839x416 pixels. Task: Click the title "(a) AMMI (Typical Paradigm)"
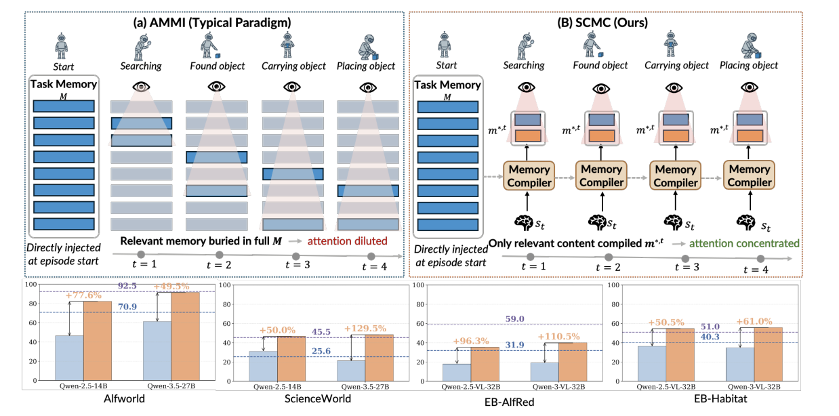point(212,23)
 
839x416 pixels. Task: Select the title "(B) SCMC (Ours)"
point(602,23)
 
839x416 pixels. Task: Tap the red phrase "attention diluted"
point(347,241)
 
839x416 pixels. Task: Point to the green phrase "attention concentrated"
point(744,244)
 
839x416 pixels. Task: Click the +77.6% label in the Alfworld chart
point(83,295)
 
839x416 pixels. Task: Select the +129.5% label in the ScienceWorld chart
point(365,329)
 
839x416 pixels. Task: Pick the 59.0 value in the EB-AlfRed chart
point(514,319)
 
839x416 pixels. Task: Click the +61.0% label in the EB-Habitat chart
point(754,321)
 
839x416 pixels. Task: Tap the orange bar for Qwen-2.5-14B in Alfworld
point(98,341)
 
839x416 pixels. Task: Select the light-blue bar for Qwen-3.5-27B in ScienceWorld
point(351,371)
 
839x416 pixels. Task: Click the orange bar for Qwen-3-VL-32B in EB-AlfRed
point(573,362)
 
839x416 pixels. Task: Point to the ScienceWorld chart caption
point(318,398)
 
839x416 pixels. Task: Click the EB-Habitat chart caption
point(720,398)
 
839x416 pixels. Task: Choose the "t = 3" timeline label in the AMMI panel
point(298,265)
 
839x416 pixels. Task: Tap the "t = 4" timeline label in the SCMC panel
point(756,270)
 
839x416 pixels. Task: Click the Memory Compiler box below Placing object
point(749,175)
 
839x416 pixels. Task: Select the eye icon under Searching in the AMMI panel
point(141,87)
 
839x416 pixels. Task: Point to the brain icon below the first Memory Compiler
point(524,222)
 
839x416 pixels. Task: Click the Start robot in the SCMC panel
point(445,45)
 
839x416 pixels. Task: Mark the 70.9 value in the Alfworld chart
point(127,307)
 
